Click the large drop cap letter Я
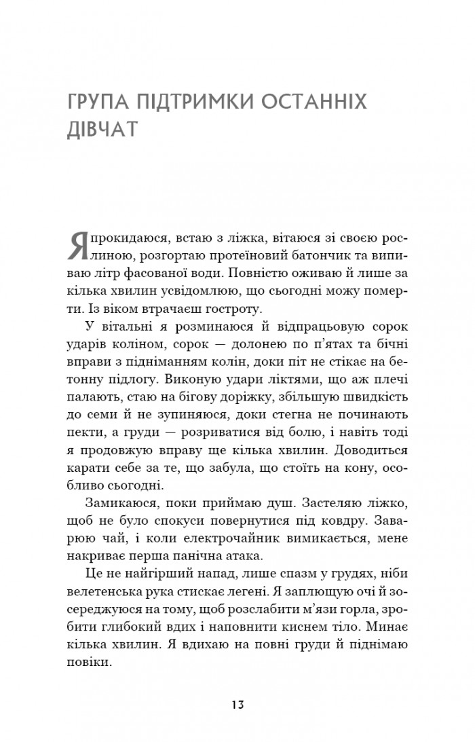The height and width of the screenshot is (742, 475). coord(78,247)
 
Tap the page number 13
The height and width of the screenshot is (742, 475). coord(237,703)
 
